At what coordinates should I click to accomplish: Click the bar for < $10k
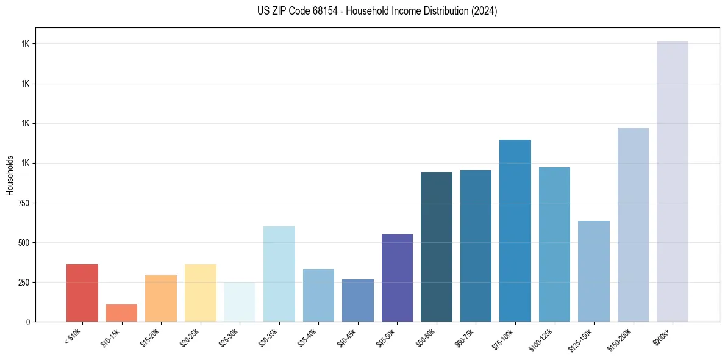point(82,293)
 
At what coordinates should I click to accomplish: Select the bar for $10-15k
point(121,313)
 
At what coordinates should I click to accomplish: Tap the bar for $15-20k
point(161,298)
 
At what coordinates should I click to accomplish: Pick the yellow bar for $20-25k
point(201,293)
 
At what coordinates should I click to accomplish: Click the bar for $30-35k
point(279,274)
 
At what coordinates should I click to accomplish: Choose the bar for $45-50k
point(397,278)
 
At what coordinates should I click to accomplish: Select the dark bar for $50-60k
point(437,247)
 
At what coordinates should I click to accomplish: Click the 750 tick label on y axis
point(24,203)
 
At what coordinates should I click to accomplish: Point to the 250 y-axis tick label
point(24,283)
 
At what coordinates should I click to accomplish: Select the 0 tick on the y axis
point(28,322)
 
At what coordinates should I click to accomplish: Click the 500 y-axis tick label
point(24,243)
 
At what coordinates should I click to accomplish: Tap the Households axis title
point(10,175)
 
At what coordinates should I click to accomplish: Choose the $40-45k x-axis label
point(347,338)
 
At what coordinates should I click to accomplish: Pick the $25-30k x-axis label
point(229,338)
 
